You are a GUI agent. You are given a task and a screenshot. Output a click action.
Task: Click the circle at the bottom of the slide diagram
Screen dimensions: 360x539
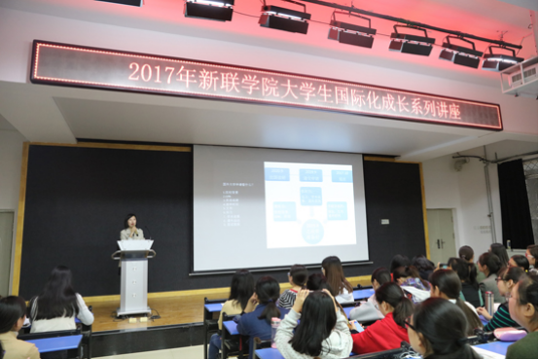tap(312, 232)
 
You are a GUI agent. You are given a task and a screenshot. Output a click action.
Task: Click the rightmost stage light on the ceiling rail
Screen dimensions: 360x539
tap(501, 58)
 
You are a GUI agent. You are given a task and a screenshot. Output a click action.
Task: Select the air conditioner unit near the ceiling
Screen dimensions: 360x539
tap(520, 76)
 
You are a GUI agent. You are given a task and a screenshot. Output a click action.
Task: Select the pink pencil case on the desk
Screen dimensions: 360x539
tap(508, 334)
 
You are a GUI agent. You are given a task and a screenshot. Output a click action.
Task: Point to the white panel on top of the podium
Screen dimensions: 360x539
tap(134, 245)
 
